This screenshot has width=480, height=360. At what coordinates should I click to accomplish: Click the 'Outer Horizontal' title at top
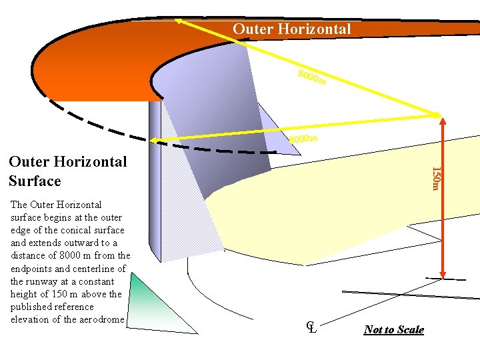click(291, 29)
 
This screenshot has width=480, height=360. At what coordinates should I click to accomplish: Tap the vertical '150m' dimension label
click(435, 178)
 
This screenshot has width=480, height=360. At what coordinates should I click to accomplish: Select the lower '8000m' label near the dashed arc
click(302, 139)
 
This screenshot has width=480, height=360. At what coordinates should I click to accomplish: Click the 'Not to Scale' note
click(393, 329)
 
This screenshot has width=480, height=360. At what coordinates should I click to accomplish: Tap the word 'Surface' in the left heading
click(35, 181)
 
